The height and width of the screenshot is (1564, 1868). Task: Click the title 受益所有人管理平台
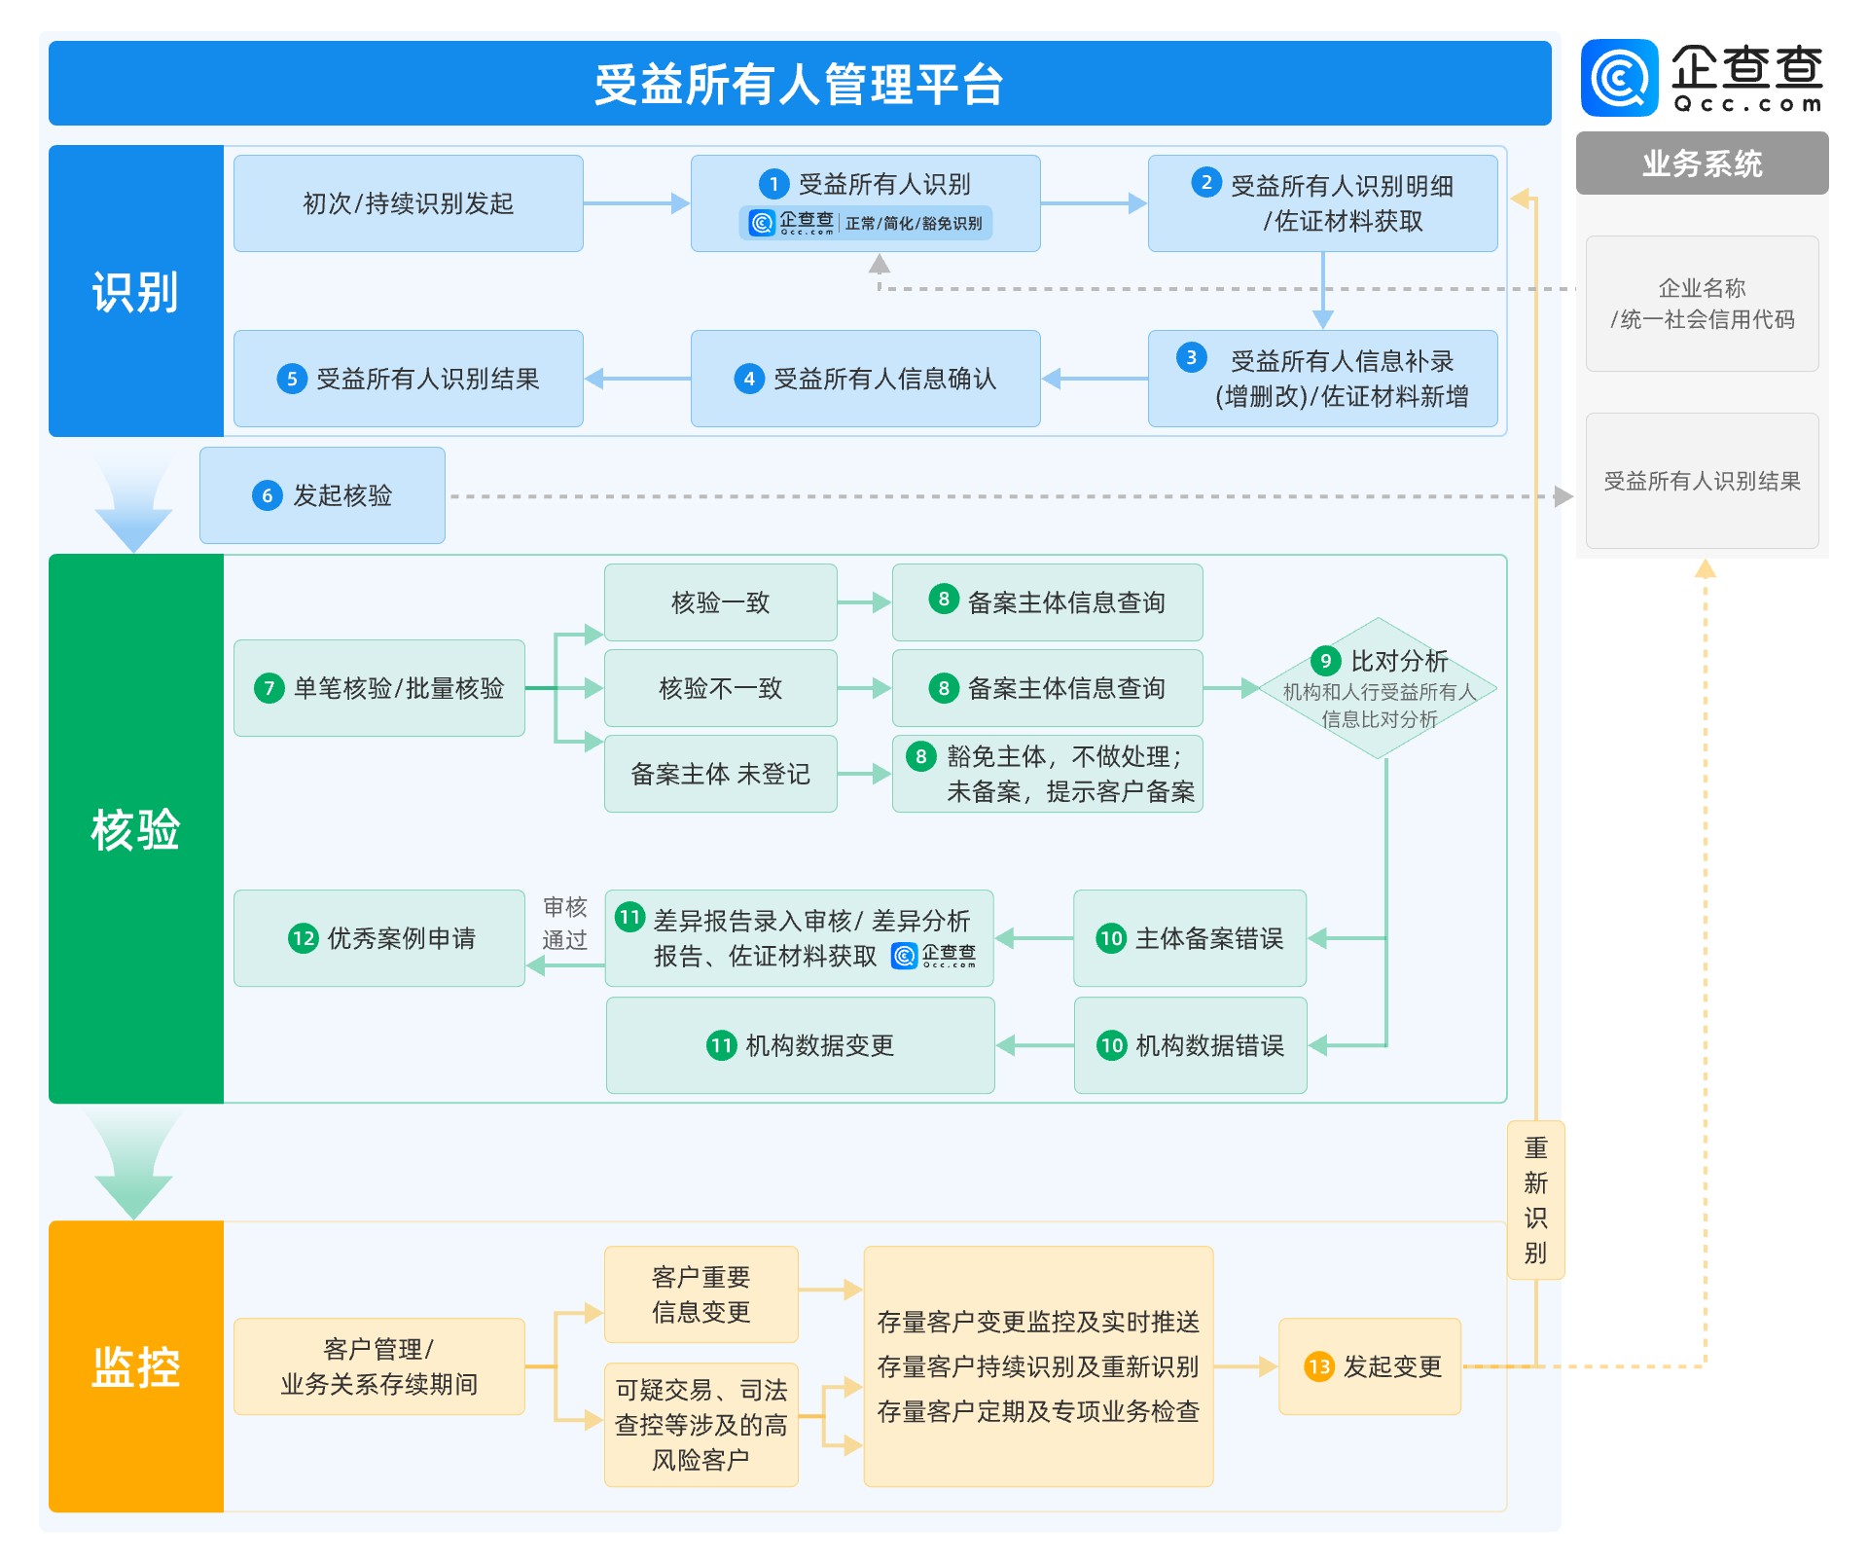[799, 84]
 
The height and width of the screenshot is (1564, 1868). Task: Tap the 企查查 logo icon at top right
[1619, 78]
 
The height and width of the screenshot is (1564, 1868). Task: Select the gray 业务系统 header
[1702, 164]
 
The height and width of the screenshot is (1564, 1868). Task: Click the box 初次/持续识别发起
[408, 203]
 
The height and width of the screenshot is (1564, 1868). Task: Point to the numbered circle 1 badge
[773, 184]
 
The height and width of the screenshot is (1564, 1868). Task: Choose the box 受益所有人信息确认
[865, 379]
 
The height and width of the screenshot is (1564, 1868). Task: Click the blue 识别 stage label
[135, 291]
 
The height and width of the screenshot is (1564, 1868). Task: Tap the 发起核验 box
[322, 495]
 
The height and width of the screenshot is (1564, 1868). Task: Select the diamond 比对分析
[1379, 688]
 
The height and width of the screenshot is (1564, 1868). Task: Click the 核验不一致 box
[720, 688]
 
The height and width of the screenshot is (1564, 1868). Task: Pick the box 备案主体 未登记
[720, 774]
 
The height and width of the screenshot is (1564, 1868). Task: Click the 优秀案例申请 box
[379, 938]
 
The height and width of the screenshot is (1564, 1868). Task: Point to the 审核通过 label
[564, 923]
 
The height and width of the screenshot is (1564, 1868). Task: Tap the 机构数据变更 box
[800, 1045]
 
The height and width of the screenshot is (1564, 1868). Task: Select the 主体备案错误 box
[1190, 938]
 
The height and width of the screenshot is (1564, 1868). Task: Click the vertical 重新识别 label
[1535, 1200]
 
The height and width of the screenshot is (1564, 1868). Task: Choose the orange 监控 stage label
[135, 1366]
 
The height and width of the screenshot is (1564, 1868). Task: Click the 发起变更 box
[1370, 1366]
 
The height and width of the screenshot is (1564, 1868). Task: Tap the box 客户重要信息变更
[700, 1294]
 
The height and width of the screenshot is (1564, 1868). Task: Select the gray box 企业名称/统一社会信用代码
[1702, 304]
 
